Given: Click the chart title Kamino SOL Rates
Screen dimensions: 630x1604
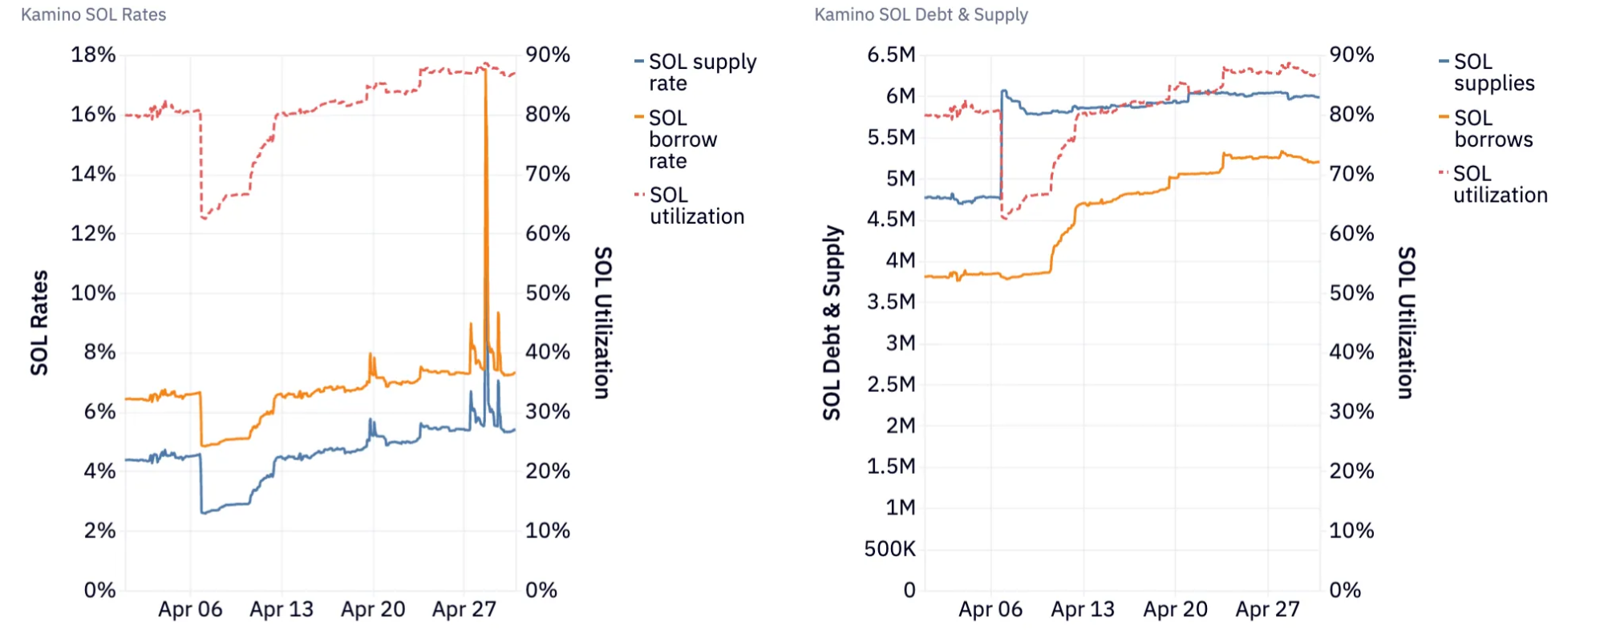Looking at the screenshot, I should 93,14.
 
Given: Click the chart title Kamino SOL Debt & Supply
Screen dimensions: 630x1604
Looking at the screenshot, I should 921,14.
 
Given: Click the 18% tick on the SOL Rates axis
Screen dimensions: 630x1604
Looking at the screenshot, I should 93,55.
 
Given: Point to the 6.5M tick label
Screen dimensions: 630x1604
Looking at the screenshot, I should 891,55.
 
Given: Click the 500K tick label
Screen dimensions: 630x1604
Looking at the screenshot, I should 889,549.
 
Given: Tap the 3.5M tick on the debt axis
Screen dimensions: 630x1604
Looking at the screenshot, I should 891,301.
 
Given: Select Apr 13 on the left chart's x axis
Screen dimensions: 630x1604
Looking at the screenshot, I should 282,609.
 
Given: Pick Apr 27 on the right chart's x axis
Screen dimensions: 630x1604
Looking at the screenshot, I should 1267,609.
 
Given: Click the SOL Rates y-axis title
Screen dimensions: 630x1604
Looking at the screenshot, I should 39,322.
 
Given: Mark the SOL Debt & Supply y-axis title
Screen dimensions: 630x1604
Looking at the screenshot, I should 832,322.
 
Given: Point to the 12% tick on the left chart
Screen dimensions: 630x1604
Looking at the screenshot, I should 93,233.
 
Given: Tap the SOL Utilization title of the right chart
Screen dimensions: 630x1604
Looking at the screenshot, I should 1406,322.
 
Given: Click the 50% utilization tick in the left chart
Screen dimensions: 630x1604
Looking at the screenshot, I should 548,293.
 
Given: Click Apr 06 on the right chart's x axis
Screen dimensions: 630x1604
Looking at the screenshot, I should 990,609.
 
